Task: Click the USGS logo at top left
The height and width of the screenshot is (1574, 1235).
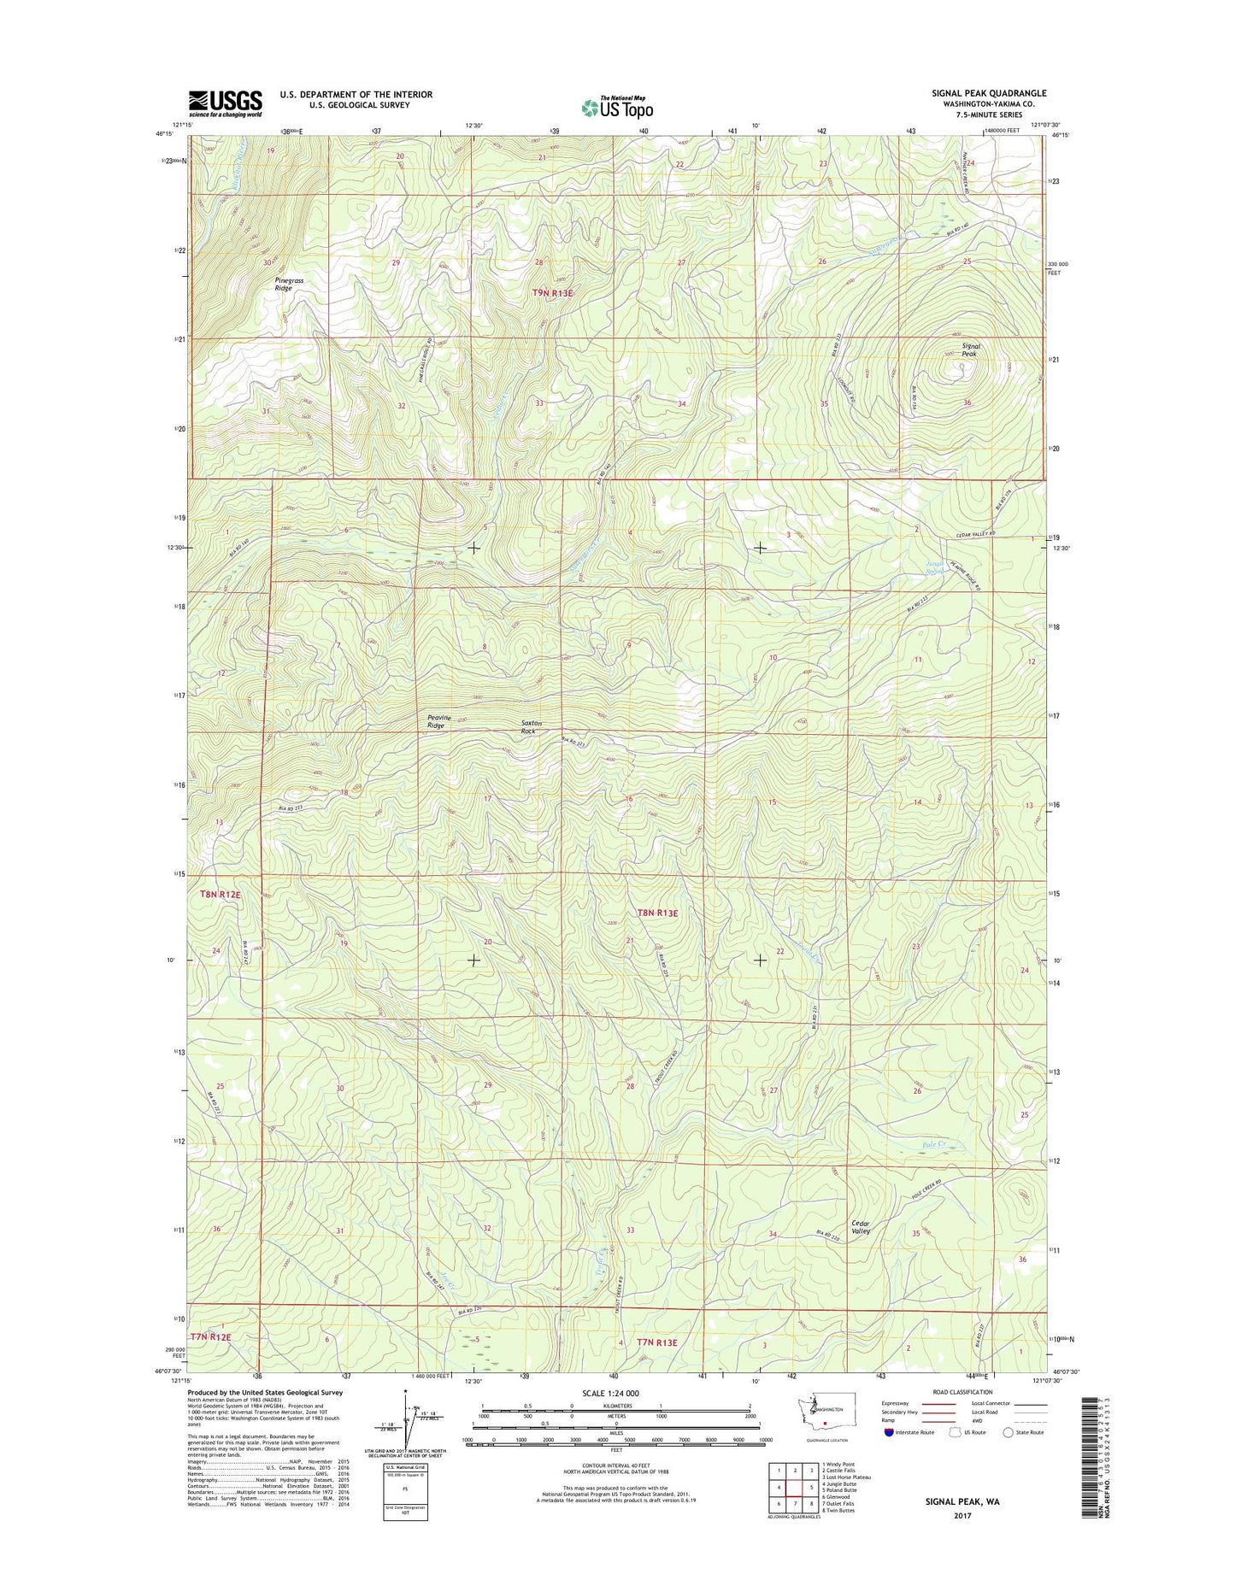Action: pyautogui.click(x=225, y=103)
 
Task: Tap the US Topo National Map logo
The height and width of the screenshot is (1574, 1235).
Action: pyautogui.click(x=617, y=107)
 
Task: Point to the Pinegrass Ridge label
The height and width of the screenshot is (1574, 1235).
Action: pyautogui.click(x=289, y=285)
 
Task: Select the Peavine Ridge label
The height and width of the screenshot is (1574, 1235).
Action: pyautogui.click(x=436, y=721)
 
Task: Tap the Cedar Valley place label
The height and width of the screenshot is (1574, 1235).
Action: pyautogui.click(x=861, y=1227)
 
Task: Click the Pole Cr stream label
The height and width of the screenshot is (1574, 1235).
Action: pyautogui.click(x=936, y=1144)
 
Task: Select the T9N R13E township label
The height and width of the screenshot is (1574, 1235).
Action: pyautogui.click(x=553, y=293)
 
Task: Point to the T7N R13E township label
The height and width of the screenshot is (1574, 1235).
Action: pyautogui.click(x=656, y=1366)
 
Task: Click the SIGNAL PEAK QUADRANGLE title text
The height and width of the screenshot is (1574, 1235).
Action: pyautogui.click(x=989, y=93)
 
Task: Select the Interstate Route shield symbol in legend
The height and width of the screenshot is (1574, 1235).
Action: pyautogui.click(x=889, y=1432)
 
